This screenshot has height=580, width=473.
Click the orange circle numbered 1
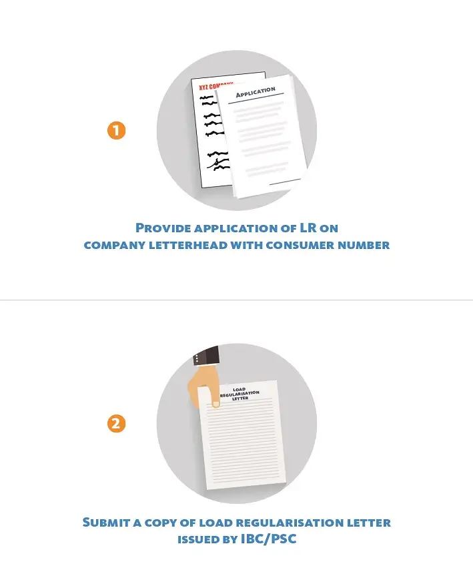117,131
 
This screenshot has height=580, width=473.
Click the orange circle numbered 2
117,424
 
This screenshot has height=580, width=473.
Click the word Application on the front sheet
256,92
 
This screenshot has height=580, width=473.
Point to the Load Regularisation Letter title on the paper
240,394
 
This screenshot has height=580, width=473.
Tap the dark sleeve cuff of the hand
206,356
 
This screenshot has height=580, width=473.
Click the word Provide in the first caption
163,228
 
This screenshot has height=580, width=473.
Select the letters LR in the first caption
308,228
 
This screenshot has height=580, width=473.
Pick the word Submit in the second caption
107,523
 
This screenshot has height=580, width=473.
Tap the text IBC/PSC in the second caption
268,539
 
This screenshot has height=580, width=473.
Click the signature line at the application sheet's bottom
285,182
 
